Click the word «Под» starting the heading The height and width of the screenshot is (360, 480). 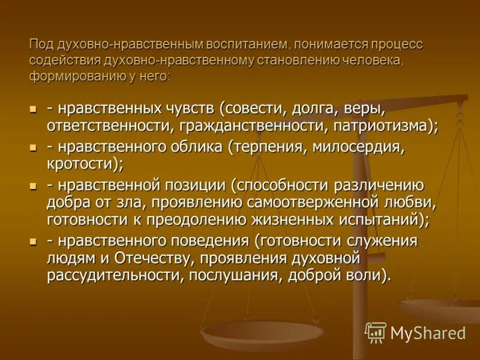click(x=40, y=46)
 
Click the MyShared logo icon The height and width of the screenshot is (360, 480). click(x=376, y=332)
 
